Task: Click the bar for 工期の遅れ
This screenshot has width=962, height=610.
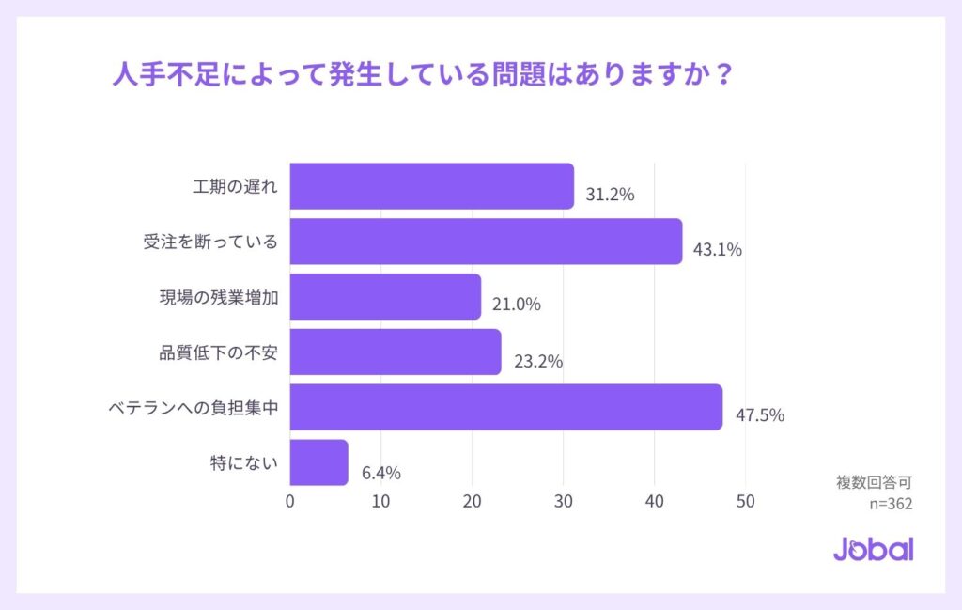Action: pyautogui.click(x=431, y=186)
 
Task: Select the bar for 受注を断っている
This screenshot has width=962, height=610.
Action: pyautogui.click(x=486, y=242)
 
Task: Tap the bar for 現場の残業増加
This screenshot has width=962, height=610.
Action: pyautogui.click(x=385, y=297)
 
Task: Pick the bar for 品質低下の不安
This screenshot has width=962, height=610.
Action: pyautogui.click(x=395, y=352)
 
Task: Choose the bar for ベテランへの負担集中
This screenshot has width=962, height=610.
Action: pyautogui.click(x=505, y=407)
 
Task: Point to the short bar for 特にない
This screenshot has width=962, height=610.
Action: pyautogui.click(x=318, y=462)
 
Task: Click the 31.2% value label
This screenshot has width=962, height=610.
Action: pyautogui.click(x=611, y=195)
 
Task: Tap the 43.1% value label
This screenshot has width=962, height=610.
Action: pyautogui.click(x=718, y=250)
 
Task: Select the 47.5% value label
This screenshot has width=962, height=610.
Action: pyautogui.click(x=759, y=415)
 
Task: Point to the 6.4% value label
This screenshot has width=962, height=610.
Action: pyautogui.click(x=380, y=472)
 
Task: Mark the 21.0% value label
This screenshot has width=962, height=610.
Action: pyautogui.click(x=517, y=305)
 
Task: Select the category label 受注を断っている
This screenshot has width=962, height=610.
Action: pyautogui.click(x=210, y=242)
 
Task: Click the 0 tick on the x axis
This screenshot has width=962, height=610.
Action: pyautogui.click(x=289, y=502)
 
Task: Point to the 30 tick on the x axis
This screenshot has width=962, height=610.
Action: pyautogui.click(x=564, y=502)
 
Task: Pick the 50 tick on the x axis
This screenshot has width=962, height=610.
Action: pyautogui.click(x=745, y=502)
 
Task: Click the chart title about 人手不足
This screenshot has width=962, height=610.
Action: pyautogui.click(x=421, y=74)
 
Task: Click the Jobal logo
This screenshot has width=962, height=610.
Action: pyautogui.click(x=873, y=549)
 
